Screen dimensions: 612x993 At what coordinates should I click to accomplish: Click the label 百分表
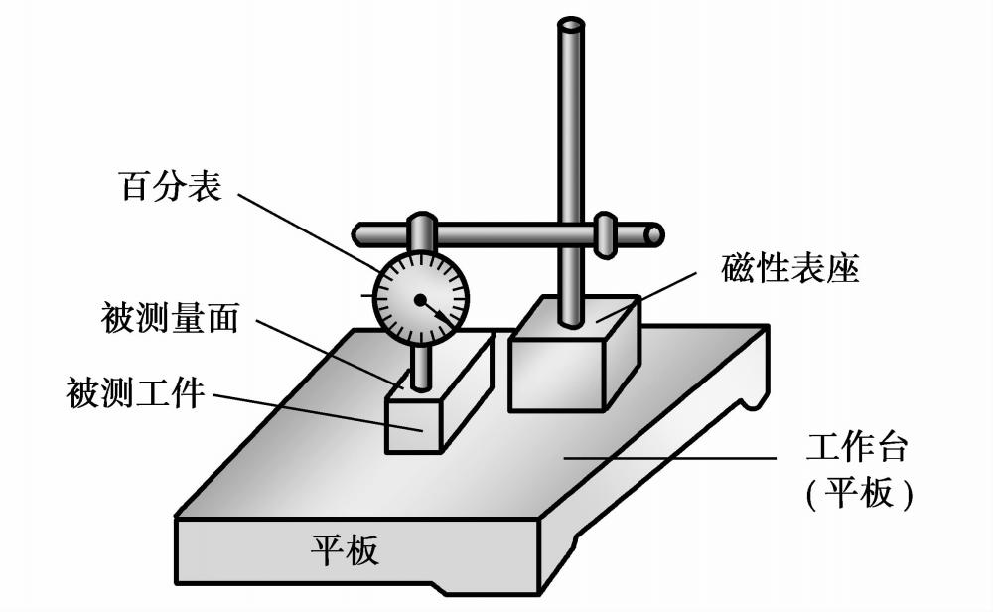coord(170,186)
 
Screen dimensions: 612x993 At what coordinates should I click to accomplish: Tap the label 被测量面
coord(169,319)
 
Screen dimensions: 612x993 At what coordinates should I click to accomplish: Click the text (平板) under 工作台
coord(856,494)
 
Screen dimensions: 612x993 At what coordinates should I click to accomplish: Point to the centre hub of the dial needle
coord(421,299)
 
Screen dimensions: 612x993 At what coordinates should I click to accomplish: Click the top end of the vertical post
coord(570,25)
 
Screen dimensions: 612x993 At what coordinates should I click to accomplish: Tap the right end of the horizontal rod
coord(653,234)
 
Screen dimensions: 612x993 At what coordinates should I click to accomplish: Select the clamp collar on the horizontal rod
coord(605,234)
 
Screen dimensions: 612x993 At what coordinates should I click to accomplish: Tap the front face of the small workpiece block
coord(411,427)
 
